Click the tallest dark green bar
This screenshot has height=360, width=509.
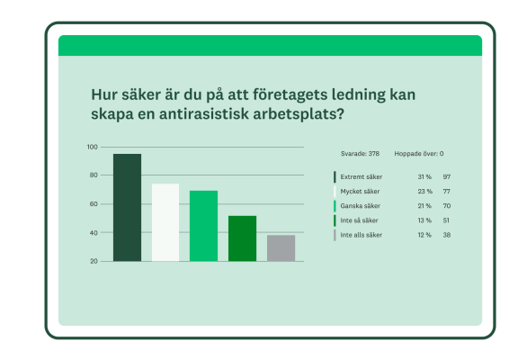tap(127, 207)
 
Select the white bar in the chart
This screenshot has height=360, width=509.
tap(165, 222)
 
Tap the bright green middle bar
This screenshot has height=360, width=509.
tap(203, 226)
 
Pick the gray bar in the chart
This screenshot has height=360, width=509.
tap(281, 247)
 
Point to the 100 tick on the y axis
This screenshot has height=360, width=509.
tap(93, 147)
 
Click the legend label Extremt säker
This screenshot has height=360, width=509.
tap(361, 177)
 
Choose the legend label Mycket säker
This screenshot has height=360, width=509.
tap(360, 192)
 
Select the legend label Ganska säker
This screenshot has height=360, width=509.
tap(360, 206)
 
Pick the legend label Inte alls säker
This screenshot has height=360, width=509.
tap(362, 235)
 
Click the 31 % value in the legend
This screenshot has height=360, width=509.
tap(424, 177)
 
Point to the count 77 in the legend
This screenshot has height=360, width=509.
tap(446, 192)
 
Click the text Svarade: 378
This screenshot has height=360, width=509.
tap(360, 154)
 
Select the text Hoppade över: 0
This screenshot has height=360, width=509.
tap(418, 154)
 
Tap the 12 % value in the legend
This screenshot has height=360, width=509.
tap(424, 235)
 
